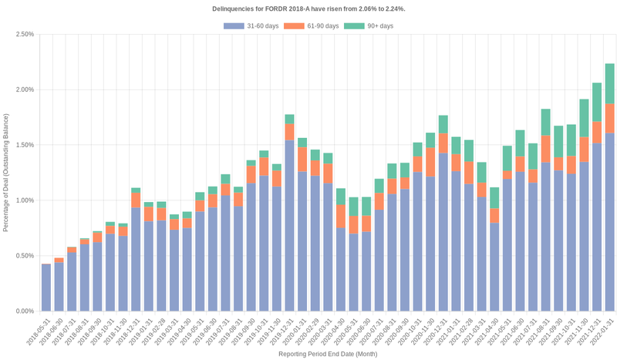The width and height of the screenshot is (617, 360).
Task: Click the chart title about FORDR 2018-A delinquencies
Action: pyautogui.click(x=308, y=8)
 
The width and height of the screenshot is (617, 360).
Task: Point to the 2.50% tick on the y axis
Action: pyautogui.click(x=22, y=34)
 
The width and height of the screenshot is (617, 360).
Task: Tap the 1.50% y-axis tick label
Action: pyautogui.click(x=22, y=145)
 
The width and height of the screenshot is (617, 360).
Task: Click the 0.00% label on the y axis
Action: pyautogui.click(x=22, y=311)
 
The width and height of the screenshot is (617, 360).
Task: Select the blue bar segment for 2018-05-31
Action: pyautogui.click(x=46, y=288)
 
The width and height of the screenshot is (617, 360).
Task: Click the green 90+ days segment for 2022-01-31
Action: pyautogui.click(x=609, y=83)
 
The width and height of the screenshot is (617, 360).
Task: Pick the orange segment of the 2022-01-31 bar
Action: pyautogui.click(x=609, y=119)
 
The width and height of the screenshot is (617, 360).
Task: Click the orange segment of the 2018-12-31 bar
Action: pyautogui.click(x=136, y=200)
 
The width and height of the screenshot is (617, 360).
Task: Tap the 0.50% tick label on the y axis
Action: pyautogui.click(x=22, y=256)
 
